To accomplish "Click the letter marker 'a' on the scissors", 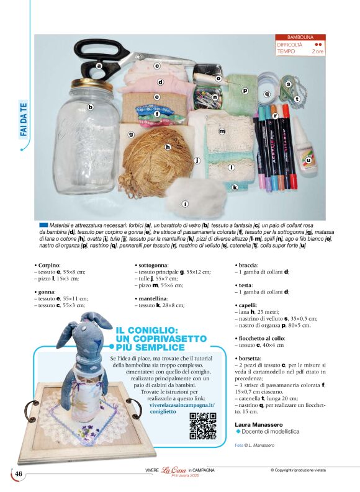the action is pyautogui.click(x=98, y=66).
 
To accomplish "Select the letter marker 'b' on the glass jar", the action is pyautogui.click(x=90, y=107).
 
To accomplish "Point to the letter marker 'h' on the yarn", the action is pyautogui.click(x=167, y=147).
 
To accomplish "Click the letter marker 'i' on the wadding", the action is pyautogui.click(x=185, y=204).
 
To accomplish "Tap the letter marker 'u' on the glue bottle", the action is pyautogui.click(x=308, y=159).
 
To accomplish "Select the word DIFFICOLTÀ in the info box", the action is pyautogui.click(x=290, y=45).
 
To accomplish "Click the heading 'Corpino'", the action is pyautogui.click(x=48, y=266).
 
